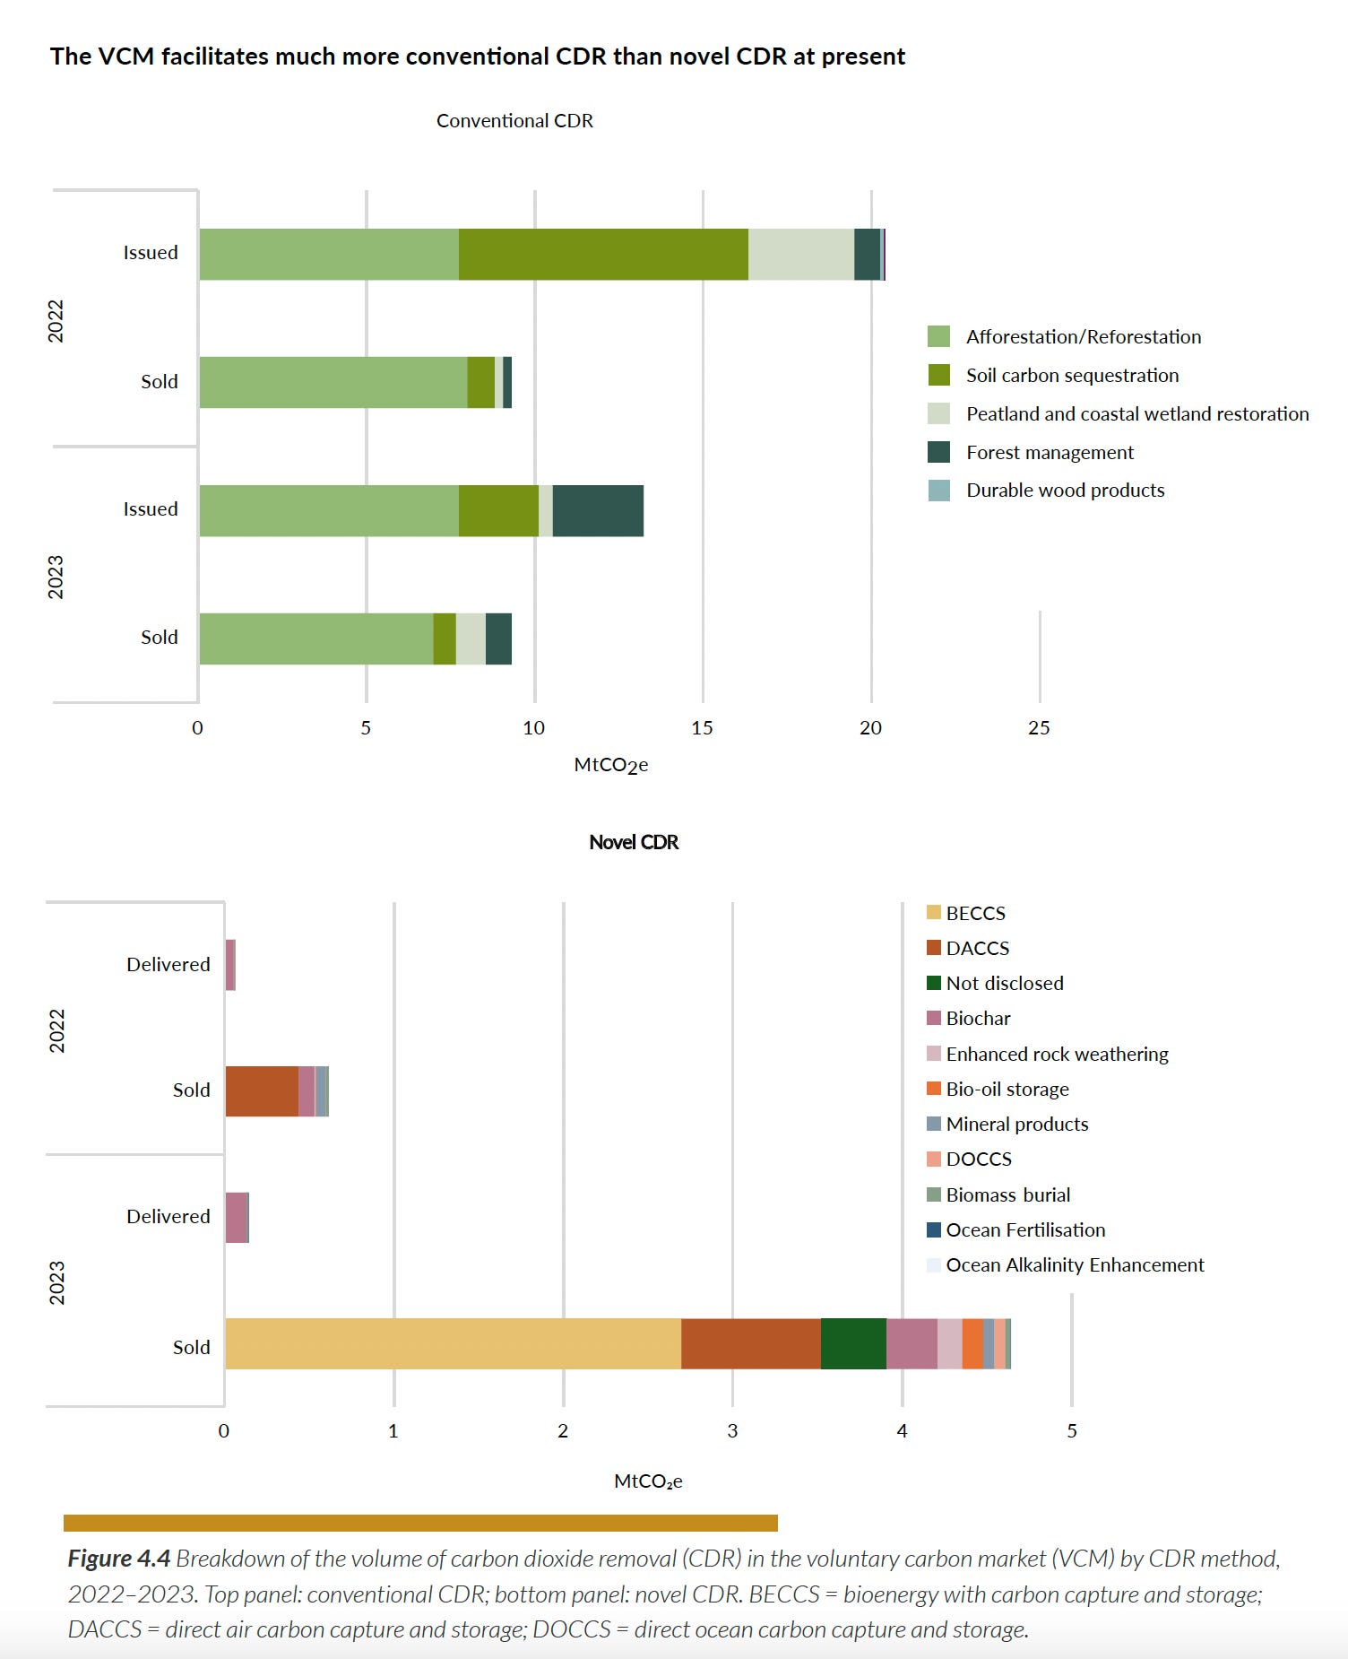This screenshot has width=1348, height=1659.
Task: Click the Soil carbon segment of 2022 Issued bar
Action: tap(603, 255)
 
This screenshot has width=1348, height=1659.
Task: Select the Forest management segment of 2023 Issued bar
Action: tap(598, 511)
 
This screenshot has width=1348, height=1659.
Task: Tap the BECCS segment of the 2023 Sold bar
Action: tap(453, 1343)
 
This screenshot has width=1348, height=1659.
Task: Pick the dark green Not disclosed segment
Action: tap(853, 1343)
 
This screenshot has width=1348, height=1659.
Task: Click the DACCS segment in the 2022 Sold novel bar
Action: tap(262, 1091)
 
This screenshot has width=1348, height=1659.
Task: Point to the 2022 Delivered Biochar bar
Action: tap(230, 965)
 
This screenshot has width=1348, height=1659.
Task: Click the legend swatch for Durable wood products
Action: tap(938, 491)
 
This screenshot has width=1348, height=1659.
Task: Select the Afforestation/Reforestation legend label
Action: tap(1083, 337)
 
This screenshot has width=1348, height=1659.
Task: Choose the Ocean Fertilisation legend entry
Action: tap(1024, 1230)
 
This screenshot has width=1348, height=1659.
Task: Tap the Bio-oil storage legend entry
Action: tap(1007, 1090)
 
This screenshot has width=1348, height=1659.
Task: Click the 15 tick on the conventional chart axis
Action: tap(702, 728)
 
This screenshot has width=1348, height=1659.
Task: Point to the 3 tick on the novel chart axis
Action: tap(732, 1431)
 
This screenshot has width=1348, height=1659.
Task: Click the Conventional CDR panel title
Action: tap(514, 121)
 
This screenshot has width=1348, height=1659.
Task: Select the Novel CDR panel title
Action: tap(634, 843)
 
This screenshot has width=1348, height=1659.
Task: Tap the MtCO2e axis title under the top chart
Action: tap(610, 765)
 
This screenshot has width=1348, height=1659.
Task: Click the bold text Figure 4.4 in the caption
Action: tap(118, 1559)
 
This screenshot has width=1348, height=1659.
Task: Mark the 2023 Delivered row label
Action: tap(168, 1217)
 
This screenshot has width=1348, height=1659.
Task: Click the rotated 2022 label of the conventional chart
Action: tap(56, 320)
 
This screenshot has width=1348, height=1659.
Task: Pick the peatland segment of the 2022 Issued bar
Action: tap(800, 255)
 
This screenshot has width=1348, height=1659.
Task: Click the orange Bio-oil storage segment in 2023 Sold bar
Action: tap(972, 1343)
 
